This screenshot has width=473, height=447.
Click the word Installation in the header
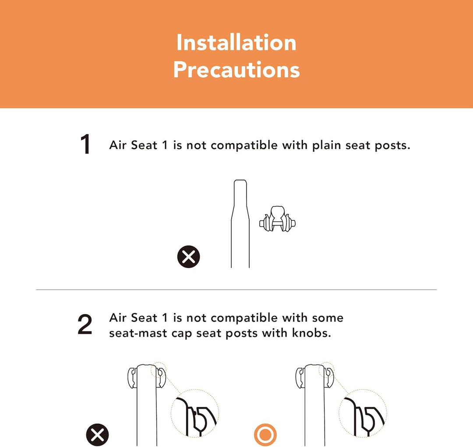coord(236,43)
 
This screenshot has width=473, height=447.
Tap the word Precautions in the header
coord(236,70)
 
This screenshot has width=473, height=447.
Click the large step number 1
coord(86,145)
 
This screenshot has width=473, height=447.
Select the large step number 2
coord(85,324)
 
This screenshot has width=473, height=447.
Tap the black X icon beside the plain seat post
coord(188,256)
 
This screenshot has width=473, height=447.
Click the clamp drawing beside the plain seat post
coord(278,219)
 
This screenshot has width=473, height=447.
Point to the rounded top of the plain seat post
coord(240,181)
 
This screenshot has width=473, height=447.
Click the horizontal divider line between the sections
coord(236,290)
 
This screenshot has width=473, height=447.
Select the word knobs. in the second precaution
coord(312,333)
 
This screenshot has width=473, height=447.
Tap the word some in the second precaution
coord(328,318)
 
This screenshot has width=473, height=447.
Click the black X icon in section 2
coord(97,435)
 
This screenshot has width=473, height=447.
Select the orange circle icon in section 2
coord(265,435)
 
